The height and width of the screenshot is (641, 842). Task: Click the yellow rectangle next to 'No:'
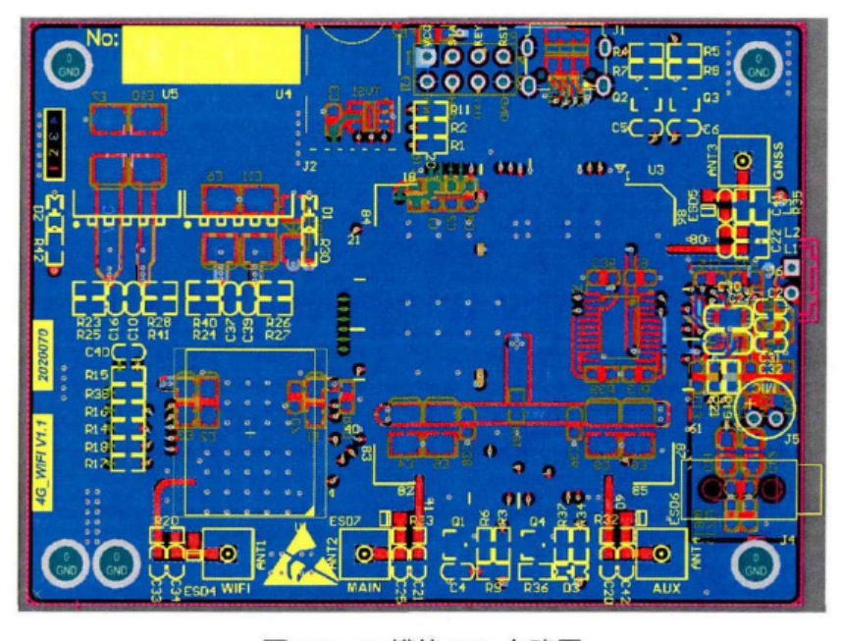211,54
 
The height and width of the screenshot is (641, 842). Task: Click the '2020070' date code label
42,346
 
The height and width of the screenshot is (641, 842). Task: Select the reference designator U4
284,93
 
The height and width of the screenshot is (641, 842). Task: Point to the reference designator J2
310,167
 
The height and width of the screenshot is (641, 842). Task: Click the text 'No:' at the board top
102,37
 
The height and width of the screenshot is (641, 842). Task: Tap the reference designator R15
96,375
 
